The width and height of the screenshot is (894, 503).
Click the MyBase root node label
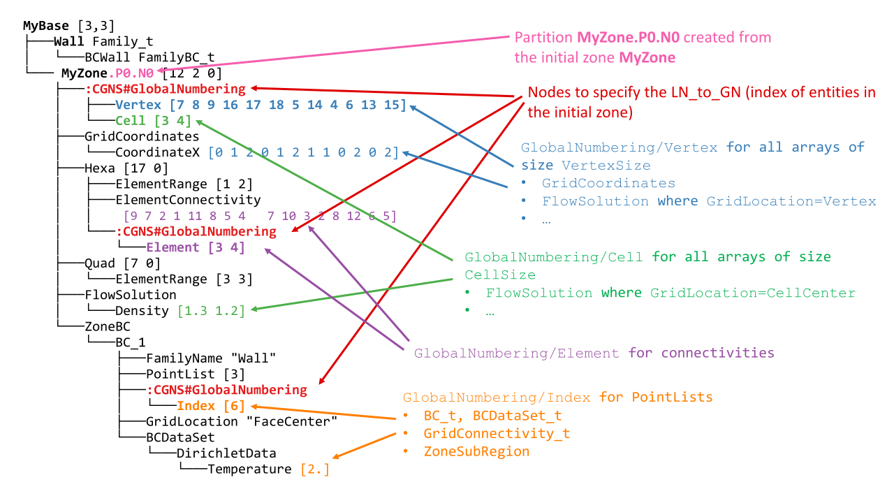(46, 26)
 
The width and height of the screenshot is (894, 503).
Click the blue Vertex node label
(138, 105)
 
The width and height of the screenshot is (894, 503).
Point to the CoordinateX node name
(159, 152)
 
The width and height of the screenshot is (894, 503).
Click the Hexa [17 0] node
(126, 168)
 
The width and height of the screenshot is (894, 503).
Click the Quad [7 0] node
(122, 263)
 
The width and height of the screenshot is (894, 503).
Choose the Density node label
(142, 311)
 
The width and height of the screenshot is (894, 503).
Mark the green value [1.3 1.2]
(211, 311)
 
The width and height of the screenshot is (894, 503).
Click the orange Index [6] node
(210, 406)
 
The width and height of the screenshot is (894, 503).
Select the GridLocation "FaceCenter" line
(241, 421)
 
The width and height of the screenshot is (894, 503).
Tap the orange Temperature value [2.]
(314, 469)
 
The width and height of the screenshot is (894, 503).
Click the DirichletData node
(226, 453)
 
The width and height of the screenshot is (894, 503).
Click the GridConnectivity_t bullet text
(497, 433)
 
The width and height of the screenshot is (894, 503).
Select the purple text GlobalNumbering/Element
(516, 353)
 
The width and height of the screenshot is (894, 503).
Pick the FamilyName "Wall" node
(211, 358)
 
